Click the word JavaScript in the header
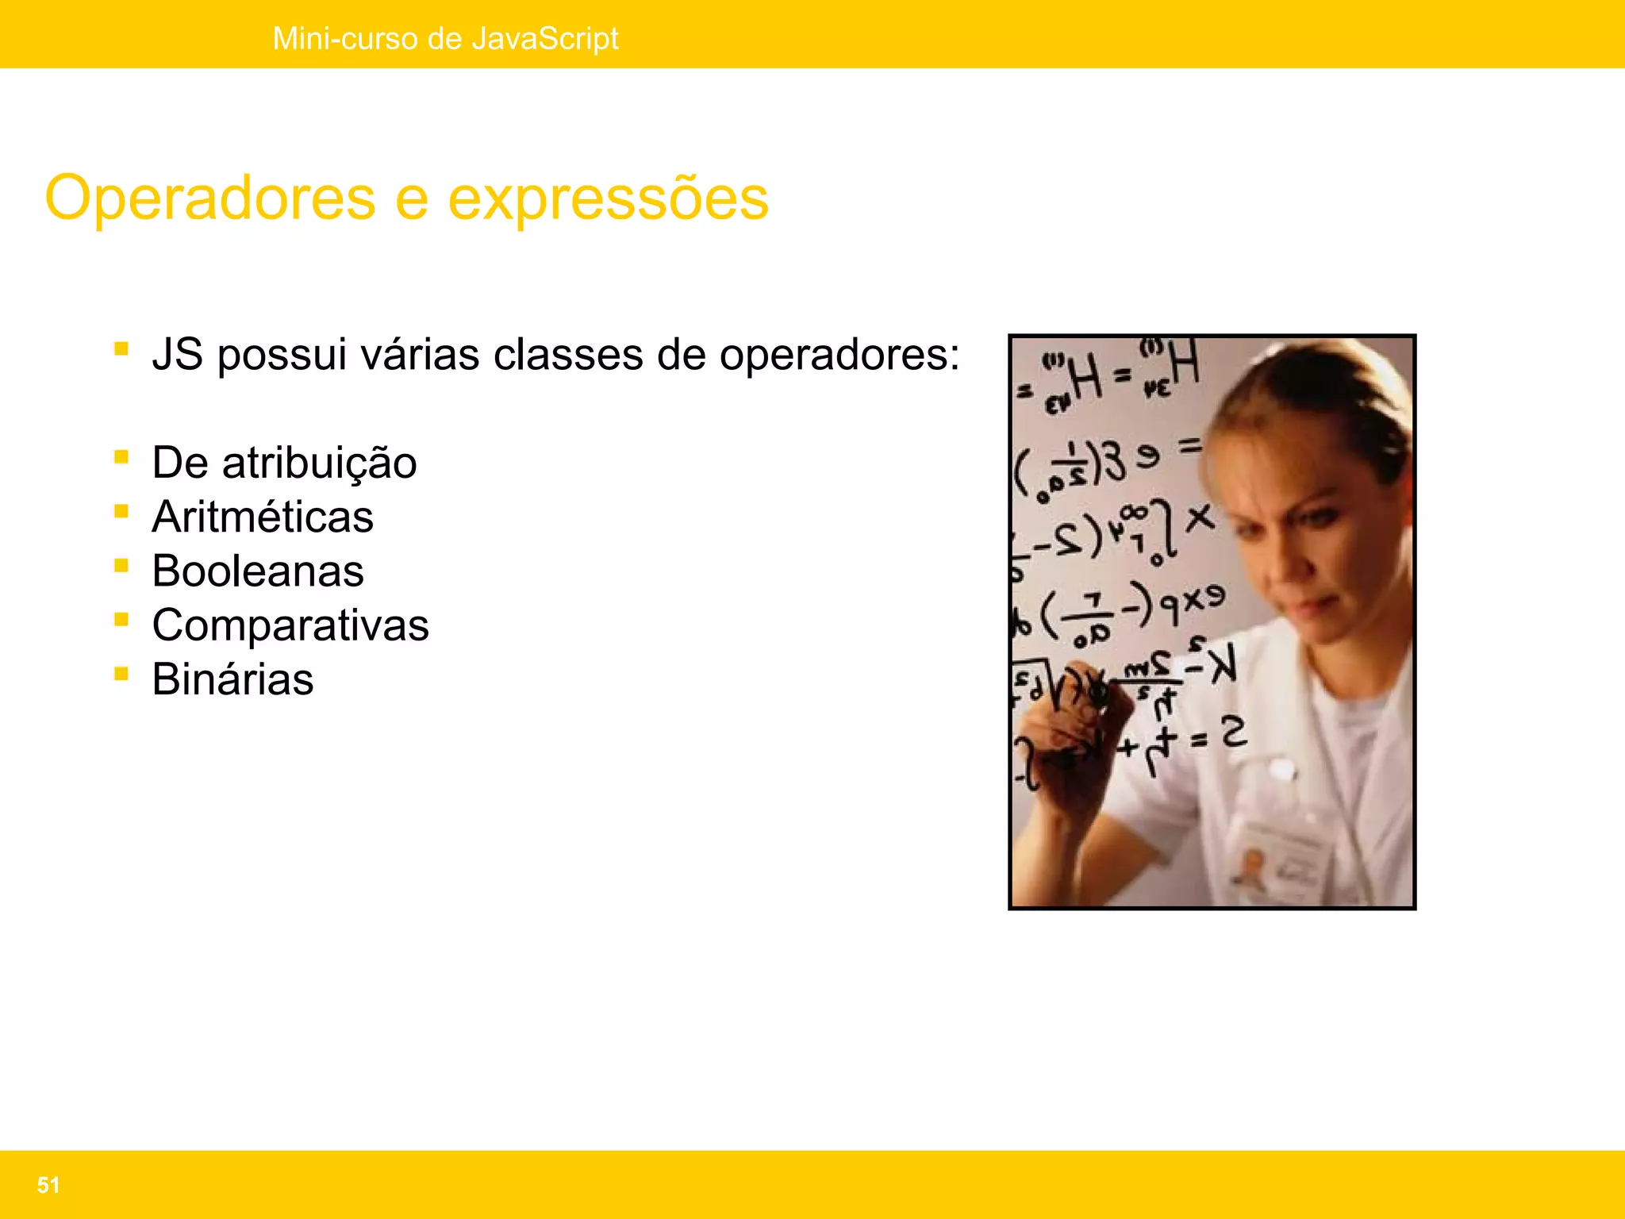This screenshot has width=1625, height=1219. [544, 38]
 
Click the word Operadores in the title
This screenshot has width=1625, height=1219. [209, 198]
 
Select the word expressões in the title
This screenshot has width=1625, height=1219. [608, 198]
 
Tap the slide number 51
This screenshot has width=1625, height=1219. [48, 1185]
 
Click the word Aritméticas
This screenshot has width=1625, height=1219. [263, 517]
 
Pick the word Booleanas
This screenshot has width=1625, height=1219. [258, 571]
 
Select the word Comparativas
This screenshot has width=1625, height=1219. [290, 625]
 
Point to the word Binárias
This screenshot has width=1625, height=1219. [232, 679]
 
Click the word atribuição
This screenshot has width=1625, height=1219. [319, 463]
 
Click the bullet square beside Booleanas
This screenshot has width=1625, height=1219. [121, 565]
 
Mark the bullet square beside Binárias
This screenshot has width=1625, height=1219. [121, 674]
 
